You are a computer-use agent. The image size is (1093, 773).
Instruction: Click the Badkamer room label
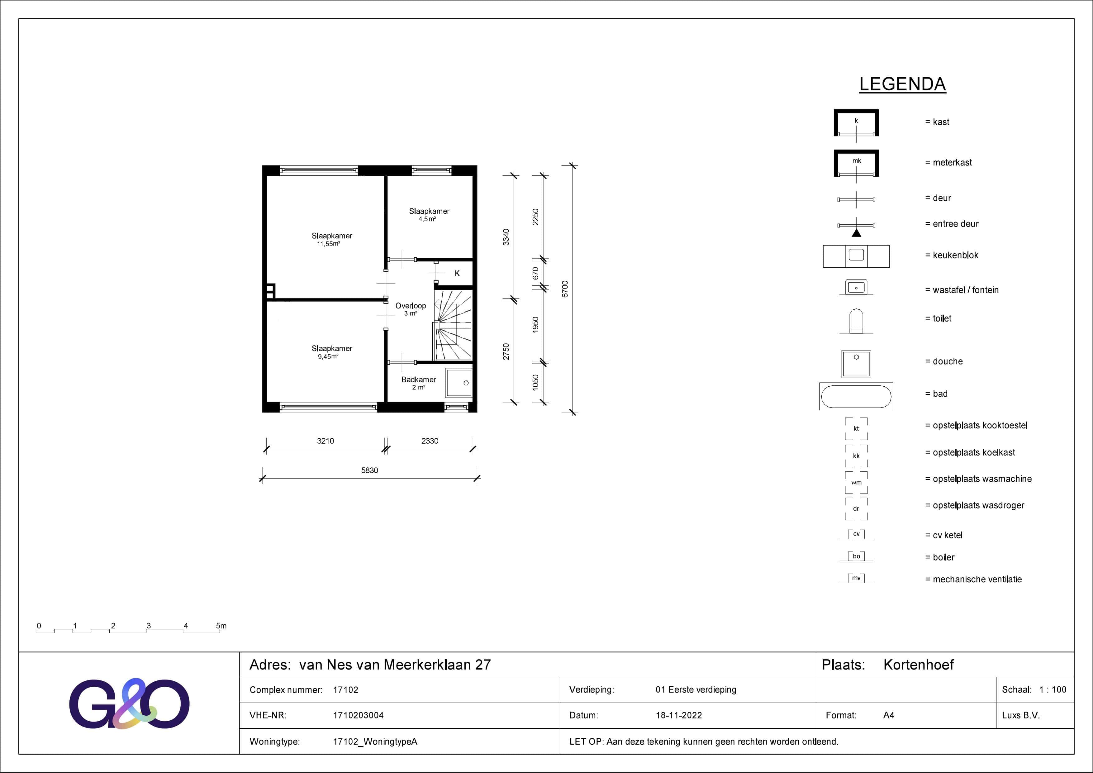click(x=418, y=379)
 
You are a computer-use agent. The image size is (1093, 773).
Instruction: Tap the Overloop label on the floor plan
click(x=410, y=306)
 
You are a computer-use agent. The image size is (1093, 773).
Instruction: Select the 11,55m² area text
click(x=329, y=244)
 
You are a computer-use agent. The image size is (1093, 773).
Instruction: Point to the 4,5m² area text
click(x=427, y=219)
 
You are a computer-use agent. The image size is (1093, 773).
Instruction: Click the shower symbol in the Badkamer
click(x=459, y=383)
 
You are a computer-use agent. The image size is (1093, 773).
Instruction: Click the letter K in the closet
click(x=457, y=273)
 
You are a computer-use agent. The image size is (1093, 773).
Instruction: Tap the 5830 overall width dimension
click(x=369, y=470)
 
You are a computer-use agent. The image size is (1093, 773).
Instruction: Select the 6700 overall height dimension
click(x=565, y=289)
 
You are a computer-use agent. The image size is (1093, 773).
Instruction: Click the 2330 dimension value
click(x=430, y=441)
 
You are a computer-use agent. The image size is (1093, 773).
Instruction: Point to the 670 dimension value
click(x=535, y=273)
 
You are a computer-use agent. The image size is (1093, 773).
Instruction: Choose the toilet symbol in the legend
click(x=856, y=321)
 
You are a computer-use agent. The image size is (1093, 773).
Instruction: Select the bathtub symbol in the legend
click(x=856, y=396)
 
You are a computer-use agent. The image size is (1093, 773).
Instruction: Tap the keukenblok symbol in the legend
click(x=856, y=256)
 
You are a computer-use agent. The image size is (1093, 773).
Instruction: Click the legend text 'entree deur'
click(x=955, y=224)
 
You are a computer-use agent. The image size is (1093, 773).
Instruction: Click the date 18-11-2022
click(x=678, y=715)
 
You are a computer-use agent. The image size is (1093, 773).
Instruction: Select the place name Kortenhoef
click(x=918, y=665)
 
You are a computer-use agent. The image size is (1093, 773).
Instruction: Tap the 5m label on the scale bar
click(x=221, y=626)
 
